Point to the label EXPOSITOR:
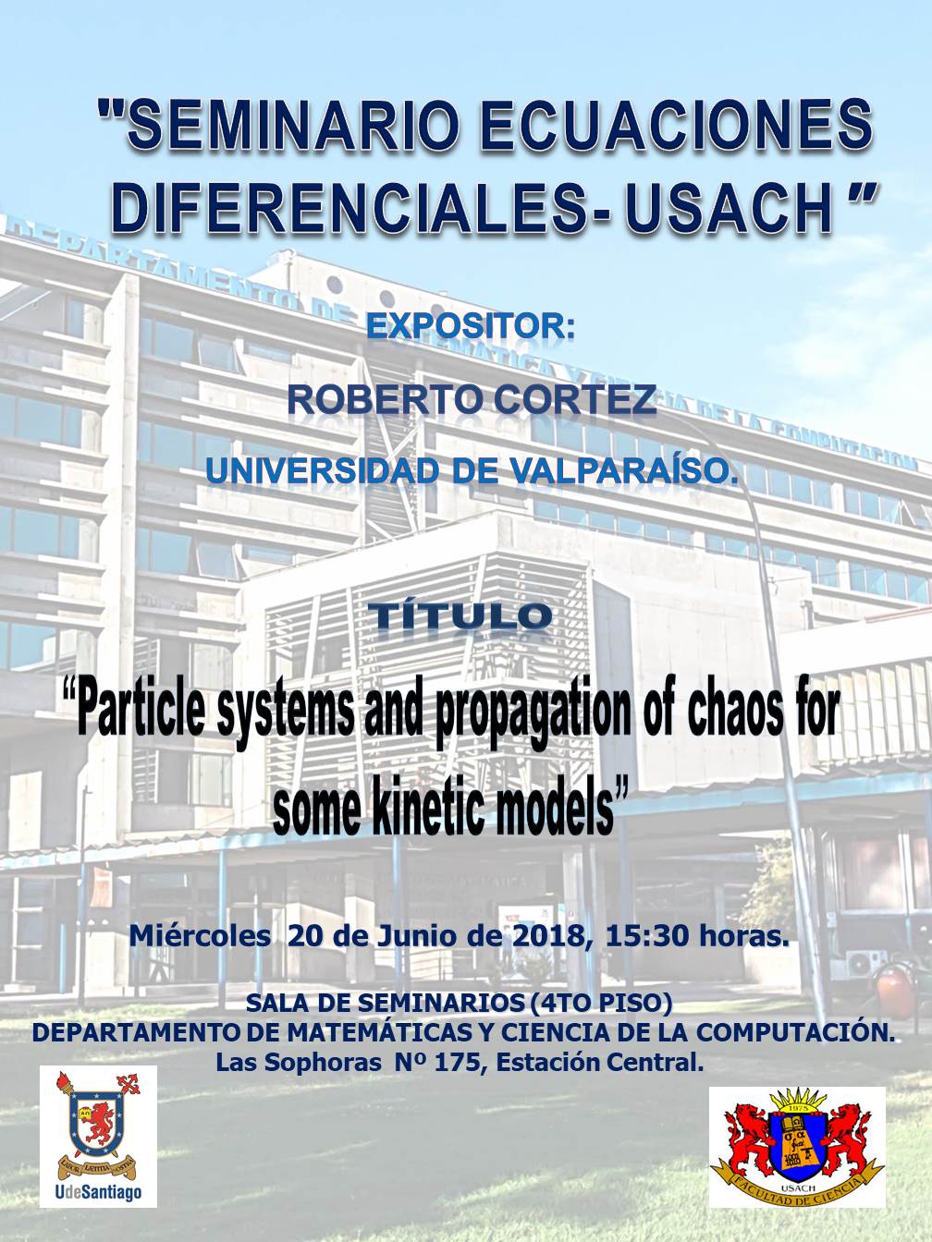click(x=471, y=327)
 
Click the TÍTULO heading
click(x=464, y=616)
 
